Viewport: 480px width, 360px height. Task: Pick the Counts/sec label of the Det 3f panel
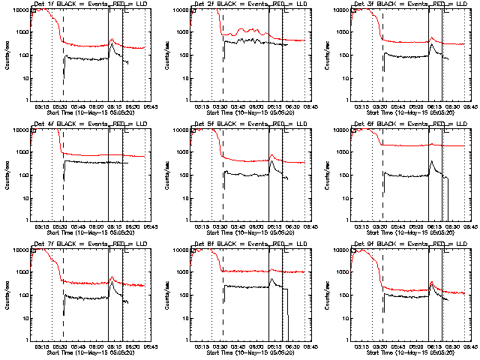326,54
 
